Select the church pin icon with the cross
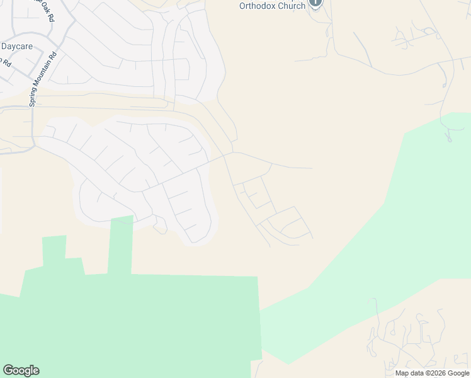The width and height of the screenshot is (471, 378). pyautogui.click(x=315, y=3)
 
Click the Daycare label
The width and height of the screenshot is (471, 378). pyautogui.click(x=16, y=46)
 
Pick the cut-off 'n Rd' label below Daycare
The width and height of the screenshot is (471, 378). pyautogui.click(x=6, y=62)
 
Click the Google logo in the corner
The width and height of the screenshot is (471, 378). pyautogui.click(x=21, y=370)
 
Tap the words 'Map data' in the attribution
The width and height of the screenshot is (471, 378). pyautogui.click(x=409, y=373)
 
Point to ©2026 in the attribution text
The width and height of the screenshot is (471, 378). pyautogui.click(x=434, y=373)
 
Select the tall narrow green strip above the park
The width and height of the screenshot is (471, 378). pyautogui.click(x=121, y=246)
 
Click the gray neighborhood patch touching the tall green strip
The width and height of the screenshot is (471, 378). pyautogui.click(x=101, y=202)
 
